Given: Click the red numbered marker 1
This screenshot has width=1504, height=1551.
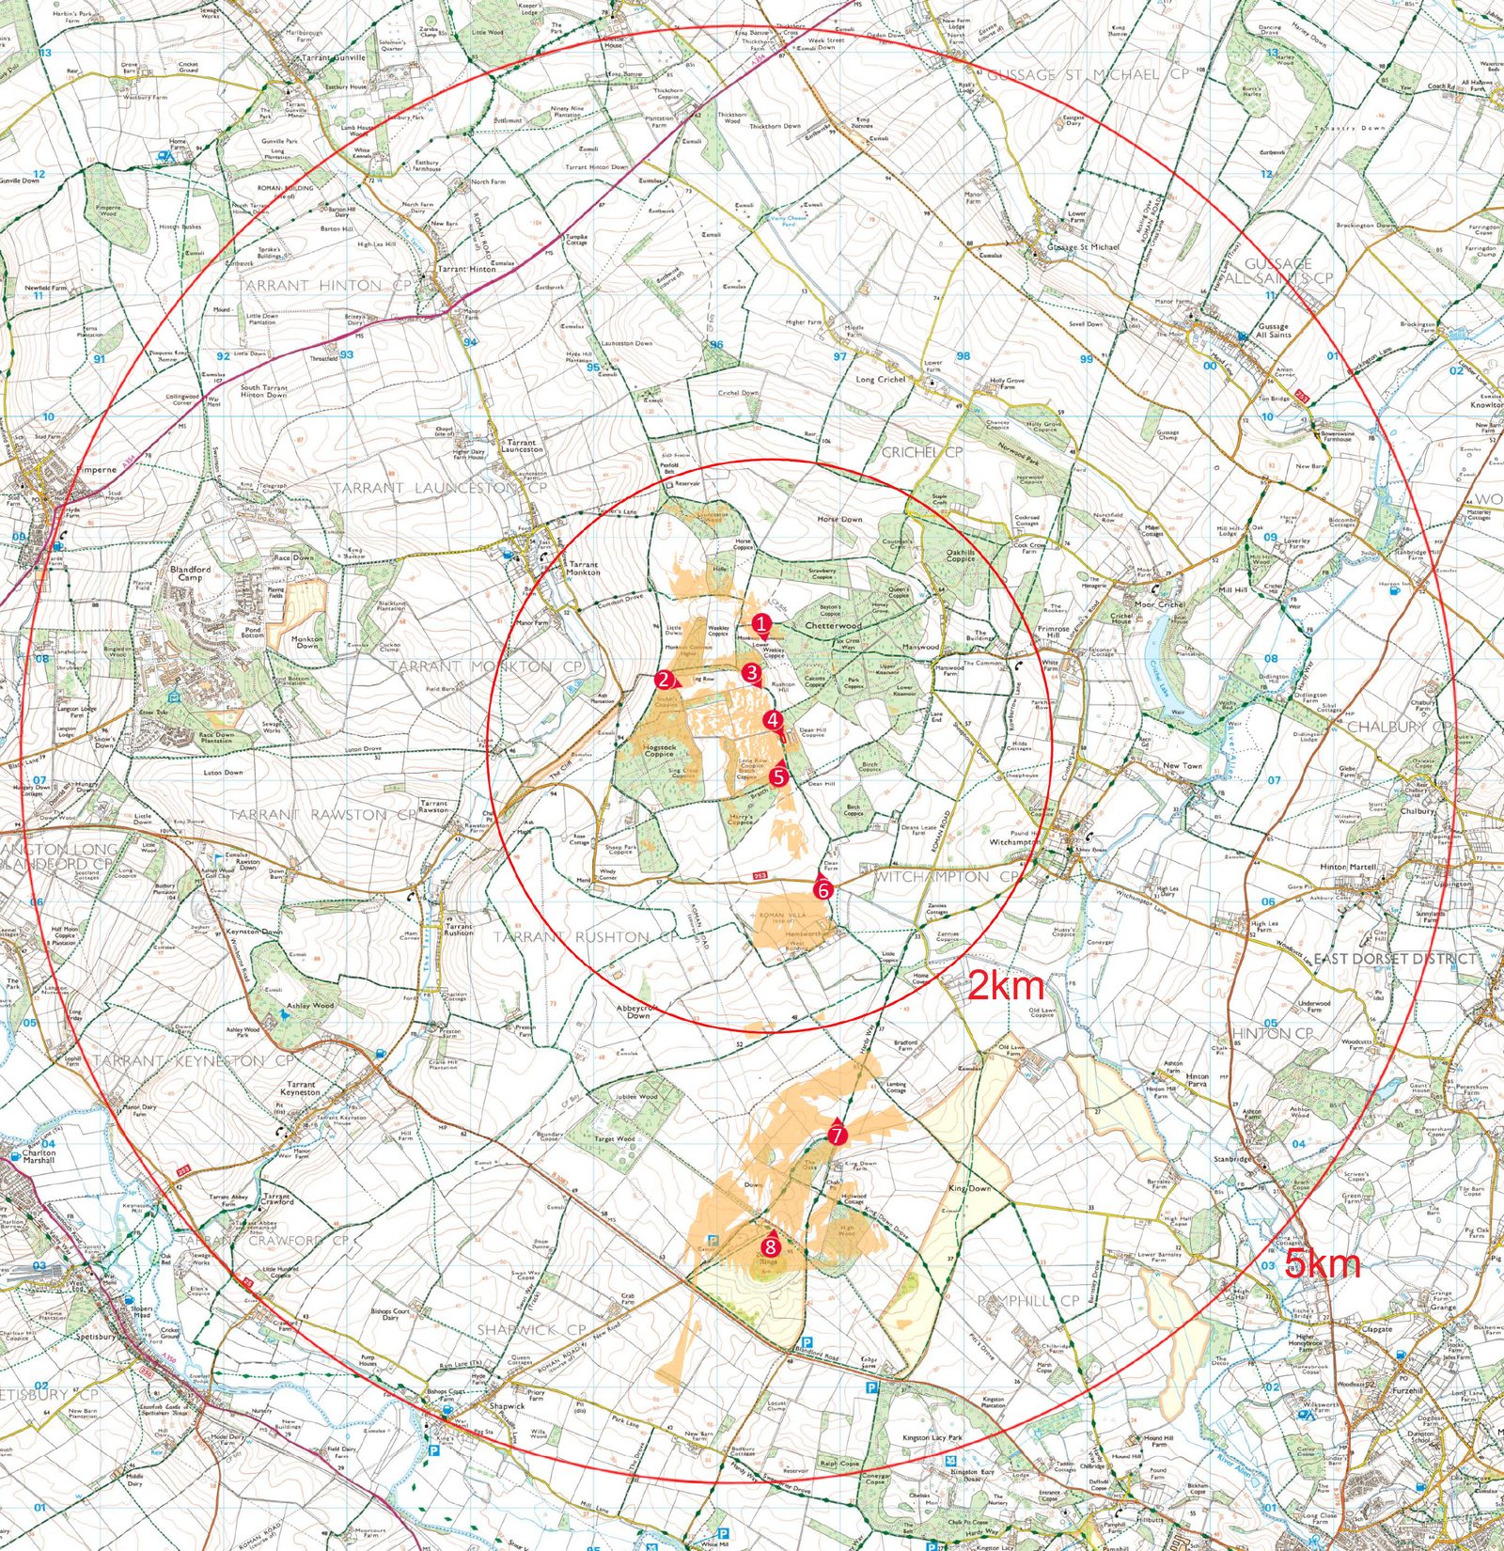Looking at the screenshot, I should point(762,622).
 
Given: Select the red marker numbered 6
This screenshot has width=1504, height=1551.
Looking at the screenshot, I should point(823,888).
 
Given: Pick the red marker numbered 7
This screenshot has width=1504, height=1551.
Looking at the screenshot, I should point(837,1135).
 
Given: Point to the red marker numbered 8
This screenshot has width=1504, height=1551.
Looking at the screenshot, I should point(771,1246).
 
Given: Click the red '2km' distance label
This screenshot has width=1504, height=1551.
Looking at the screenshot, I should point(1006,986).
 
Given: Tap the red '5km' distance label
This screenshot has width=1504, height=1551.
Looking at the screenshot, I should point(1322,1264).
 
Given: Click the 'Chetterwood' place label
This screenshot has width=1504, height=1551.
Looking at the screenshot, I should point(833,625).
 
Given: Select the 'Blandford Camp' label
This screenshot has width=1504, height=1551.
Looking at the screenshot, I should point(191,572).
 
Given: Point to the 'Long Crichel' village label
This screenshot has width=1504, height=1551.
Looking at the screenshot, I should point(880,380).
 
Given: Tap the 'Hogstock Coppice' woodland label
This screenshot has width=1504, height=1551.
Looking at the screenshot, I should point(659,750).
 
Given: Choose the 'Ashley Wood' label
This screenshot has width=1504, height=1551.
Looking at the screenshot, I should point(310,1005).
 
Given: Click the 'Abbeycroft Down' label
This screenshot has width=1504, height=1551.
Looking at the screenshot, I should point(638,1011).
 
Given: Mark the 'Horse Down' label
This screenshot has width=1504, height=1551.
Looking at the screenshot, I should point(839,519).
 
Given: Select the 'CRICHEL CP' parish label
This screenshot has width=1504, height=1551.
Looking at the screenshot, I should point(922,452).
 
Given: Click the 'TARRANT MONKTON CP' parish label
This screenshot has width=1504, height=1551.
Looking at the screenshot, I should point(486,666).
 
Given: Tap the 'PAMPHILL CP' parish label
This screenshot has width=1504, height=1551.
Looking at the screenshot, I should point(1027,1301).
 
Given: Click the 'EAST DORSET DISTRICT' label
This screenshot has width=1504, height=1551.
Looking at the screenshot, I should point(1394,959).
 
